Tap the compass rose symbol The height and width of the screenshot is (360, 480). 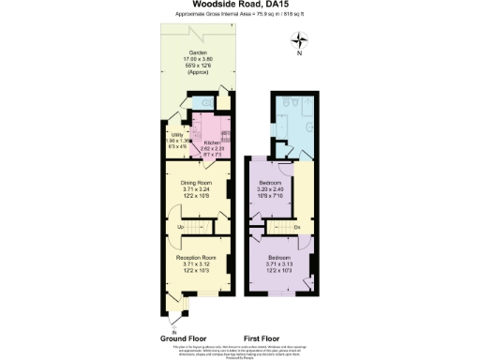click(299, 40)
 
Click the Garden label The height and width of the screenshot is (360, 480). click(197, 52)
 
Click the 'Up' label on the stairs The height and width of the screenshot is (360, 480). click(180, 227)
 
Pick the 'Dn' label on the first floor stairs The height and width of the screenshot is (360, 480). click(296, 227)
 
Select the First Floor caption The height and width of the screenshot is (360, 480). click(264, 337)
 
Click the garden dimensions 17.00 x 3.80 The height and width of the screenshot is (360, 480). click(197, 59)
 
